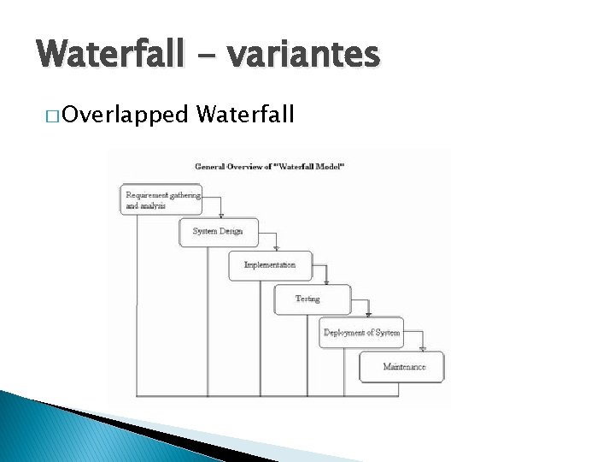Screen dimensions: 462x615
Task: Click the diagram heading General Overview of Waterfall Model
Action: [269, 166]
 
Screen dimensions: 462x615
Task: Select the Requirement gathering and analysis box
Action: [161, 199]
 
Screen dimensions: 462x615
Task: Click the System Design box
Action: [218, 232]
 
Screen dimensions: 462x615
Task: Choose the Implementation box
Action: [270, 265]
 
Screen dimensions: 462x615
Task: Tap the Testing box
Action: [312, 299]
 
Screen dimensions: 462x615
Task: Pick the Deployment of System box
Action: [360, 332]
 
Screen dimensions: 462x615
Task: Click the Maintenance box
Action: [401, 366]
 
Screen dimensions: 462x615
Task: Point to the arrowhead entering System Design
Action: [221, 216]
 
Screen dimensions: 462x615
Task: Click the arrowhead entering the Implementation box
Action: [276, 249]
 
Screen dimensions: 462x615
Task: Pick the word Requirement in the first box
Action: [146, 195]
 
